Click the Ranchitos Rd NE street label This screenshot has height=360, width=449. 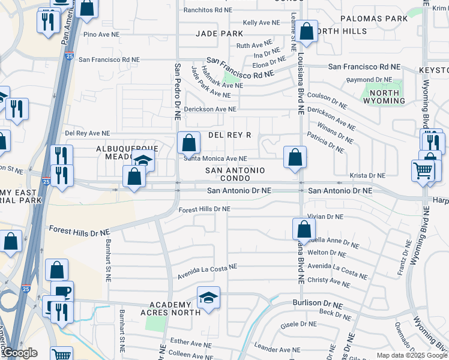(208, 10)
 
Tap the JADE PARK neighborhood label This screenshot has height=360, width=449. (219, 34)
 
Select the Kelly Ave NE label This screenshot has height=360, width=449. (261, 22)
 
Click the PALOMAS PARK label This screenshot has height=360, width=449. (374, 19)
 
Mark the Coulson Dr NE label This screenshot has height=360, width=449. (327, 100)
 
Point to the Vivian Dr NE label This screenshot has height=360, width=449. (325, 217)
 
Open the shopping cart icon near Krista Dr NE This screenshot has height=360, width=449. (423, 170)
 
